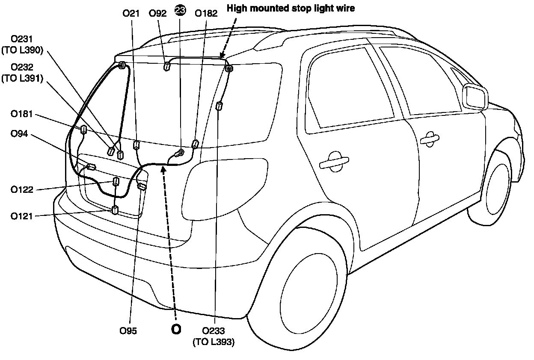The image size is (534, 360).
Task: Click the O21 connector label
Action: coord(131,13)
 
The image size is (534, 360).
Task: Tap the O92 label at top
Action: coord(157,13)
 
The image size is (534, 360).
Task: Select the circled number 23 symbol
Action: coord(181,11)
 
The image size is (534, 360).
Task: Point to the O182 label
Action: coord(206,13)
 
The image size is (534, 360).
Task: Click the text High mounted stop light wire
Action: coord(291,8)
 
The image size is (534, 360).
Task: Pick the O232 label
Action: coord(22,68)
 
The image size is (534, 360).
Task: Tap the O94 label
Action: coord(19,134)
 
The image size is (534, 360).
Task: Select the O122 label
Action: coord(22,189)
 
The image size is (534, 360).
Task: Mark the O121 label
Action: coord(22,216)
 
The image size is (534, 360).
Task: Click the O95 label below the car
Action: coord(128,330)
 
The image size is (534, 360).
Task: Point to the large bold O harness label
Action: coord(176,329)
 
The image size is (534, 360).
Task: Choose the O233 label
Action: coord(214,330)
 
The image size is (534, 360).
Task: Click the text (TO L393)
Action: coord(214,342)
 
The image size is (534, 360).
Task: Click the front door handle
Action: coord(429,139)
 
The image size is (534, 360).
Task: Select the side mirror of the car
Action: coord(475,97)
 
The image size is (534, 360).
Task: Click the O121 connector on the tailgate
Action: coord(115,210)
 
